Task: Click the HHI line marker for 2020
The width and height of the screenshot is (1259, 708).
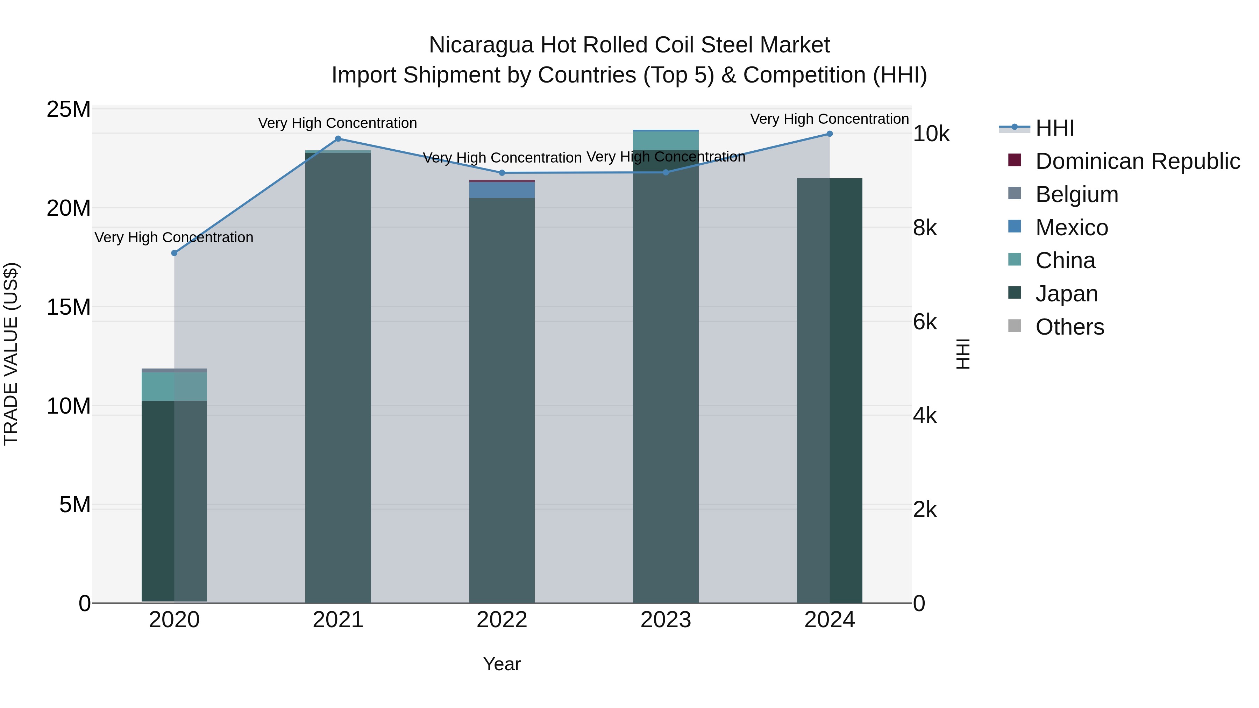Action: tap(174, 253)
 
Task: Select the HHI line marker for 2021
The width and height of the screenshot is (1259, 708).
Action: tap(338, 139)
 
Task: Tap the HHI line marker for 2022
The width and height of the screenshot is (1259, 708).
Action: tap(502, 173)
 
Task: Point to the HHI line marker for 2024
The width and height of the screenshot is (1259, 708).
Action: tap(830, 134)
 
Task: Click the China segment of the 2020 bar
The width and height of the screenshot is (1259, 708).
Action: tap(174, 386)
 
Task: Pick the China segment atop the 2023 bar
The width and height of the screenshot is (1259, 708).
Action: tap(666, 141)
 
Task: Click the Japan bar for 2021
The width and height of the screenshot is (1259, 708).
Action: tap(338, 376)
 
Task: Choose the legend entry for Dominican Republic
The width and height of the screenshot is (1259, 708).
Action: tap(1137, 161)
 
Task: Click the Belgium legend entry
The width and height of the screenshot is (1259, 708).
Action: tap(1077, 194)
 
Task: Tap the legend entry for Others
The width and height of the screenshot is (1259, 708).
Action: tap(1069, 327)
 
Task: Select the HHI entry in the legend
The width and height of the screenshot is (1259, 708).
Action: tap(1055, 128)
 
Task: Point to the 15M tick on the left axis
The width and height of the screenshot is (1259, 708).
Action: tap(69, 307)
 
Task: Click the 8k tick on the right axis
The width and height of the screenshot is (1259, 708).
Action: tap(925, 228)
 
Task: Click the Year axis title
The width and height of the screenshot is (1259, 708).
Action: tap(502, 664)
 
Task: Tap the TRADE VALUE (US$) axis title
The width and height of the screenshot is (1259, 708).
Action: tap(11, 354)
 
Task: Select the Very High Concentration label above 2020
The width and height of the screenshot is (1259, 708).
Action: tap(174, 237)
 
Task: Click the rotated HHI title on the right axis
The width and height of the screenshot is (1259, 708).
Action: tap(962, 354)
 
